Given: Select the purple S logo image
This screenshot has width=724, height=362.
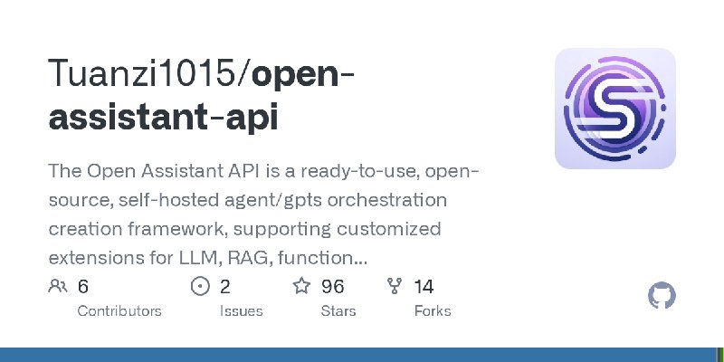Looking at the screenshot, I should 615,109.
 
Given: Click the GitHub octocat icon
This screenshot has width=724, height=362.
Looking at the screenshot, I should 662,296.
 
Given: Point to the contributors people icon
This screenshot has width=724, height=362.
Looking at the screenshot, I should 58,287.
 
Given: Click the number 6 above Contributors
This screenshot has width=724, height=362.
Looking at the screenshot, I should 83,287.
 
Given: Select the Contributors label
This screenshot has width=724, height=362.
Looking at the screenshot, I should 119,310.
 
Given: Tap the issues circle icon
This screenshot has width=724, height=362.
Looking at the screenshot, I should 200,287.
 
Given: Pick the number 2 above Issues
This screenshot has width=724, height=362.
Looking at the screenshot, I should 225,287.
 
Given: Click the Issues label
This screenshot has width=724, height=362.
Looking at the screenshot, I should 241,310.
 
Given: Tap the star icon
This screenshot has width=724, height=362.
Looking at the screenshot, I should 301,287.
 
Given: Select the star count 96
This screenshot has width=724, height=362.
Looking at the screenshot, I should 332,287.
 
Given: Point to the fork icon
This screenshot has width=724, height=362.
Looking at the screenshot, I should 394,287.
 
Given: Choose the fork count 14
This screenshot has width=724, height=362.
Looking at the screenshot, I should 424,287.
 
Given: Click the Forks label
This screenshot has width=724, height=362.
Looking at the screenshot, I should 432,310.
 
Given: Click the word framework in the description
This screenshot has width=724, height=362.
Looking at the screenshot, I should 173,228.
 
